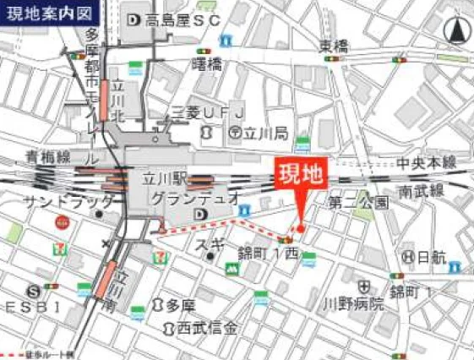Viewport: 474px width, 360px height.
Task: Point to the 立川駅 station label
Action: tap(162, 178)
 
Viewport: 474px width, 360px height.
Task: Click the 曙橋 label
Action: tap(207, 63)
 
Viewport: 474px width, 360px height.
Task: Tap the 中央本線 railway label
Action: tap(427, 162)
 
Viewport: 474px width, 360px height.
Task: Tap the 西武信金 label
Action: tap(208, 327)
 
